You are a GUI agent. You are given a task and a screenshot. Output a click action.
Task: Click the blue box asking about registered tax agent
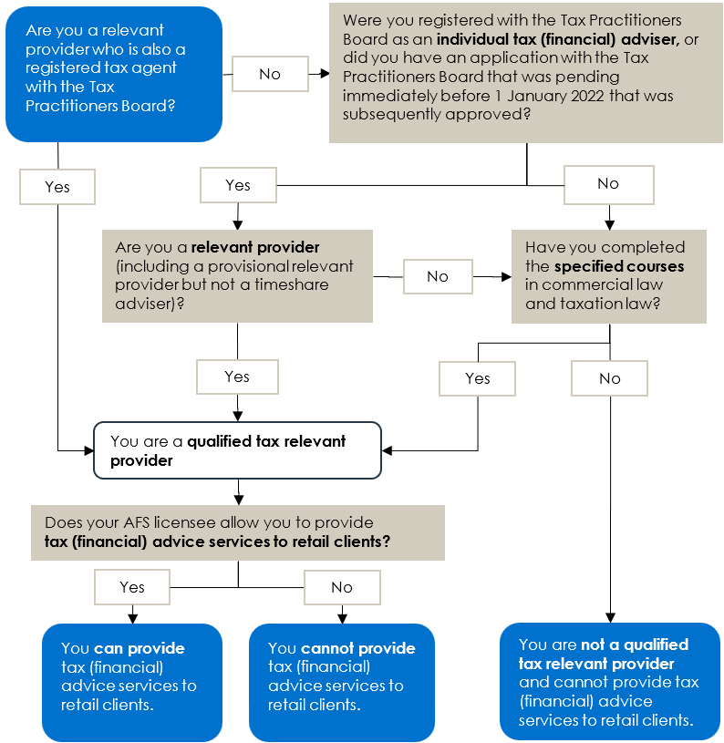[x=113, y=74]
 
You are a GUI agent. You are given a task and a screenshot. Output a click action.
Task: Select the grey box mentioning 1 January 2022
[x=526, y=72]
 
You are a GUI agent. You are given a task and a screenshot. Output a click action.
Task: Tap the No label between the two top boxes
[x=270, y=74]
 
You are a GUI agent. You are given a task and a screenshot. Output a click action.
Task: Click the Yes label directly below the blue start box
[x=57, y=187]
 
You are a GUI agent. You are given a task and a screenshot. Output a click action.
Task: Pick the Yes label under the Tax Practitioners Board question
[x=238, y=185]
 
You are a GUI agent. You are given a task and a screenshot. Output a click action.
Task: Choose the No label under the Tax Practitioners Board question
[x=608, y=183]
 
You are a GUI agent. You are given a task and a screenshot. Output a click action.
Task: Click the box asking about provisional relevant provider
[x=237, y=275]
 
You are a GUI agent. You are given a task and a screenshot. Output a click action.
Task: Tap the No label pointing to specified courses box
[x=438, y=276]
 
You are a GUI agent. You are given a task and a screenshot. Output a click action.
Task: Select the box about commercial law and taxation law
[x=608, y=275]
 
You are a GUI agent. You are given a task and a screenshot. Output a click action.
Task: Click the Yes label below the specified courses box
[x=478, y=378]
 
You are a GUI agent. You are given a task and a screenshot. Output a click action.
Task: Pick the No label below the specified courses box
[x=610, y=378]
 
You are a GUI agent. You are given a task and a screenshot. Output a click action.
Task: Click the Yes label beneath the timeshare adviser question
[x=237, y=377]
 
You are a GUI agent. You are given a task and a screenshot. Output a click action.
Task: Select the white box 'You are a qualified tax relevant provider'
[x=237, y=450]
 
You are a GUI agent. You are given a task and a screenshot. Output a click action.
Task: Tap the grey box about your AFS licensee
[x=237, y=532]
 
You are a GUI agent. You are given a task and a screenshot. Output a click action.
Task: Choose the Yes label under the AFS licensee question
[x=132, y=587]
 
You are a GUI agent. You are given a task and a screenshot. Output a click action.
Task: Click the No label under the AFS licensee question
[x=342, y=587]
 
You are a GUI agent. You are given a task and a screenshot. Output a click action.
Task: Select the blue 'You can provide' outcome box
[x=132, y=681]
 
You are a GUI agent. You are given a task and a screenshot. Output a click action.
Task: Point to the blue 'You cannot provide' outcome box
[x=341, y=681]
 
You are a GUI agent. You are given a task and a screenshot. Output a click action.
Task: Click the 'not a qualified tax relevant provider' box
[x=609, y=681]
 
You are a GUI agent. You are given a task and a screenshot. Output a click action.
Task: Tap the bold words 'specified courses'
[x=618, y=266]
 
